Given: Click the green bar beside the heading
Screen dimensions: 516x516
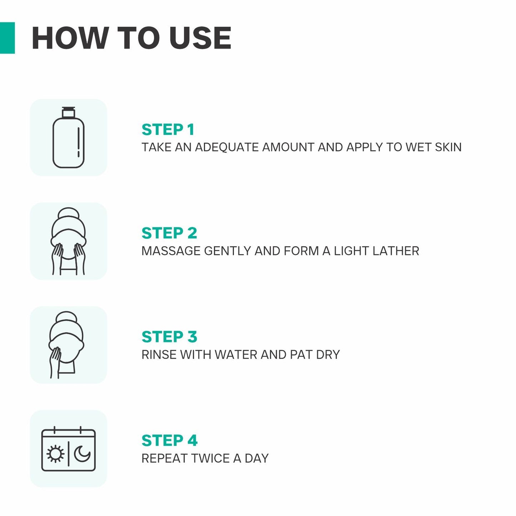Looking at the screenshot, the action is point(7,38).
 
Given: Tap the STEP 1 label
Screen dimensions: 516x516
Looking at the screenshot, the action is point(168,130).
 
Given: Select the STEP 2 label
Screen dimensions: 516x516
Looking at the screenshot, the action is point(169,233).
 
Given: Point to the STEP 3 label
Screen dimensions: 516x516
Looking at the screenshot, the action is point(169,337).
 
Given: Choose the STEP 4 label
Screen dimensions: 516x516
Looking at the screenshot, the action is point(170,441).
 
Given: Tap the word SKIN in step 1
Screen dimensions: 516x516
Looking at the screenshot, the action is point(448,147).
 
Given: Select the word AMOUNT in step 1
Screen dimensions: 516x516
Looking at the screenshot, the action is point(288,147).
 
